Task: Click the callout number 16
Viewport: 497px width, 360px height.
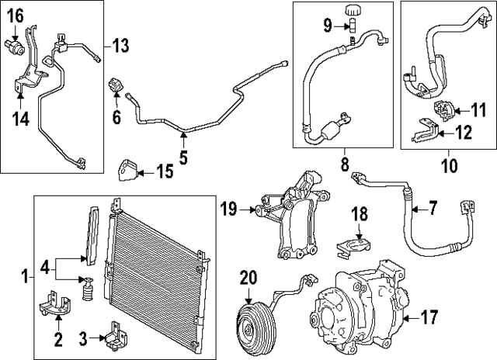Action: point(16,13)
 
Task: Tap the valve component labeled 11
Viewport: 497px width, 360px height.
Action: point(443,109)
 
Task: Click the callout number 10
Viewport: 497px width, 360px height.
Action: point(448,165)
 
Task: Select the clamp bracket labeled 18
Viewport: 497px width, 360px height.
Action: point(356,247)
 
